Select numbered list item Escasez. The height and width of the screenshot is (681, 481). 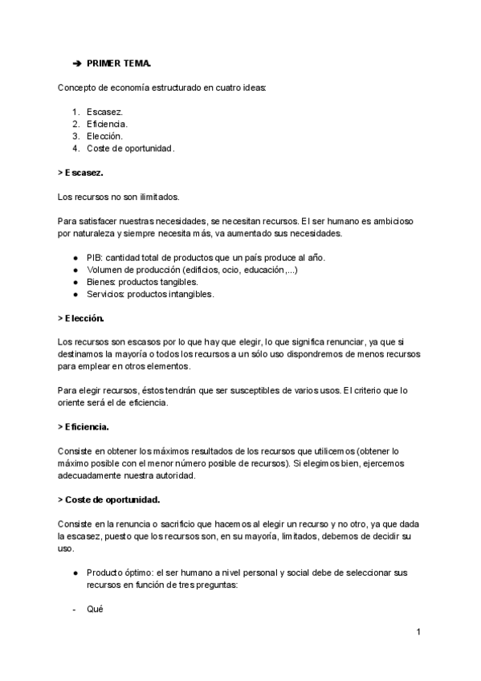[x=105, y=112]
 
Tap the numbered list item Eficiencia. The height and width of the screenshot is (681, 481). [x=108, y=124]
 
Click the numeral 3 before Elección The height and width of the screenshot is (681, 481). [x=75, y=137]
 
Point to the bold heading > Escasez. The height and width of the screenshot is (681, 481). [x=81, y=173]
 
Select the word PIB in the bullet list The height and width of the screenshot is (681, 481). [x=95, y=257]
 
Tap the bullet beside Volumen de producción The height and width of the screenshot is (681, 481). [x=75, y=270]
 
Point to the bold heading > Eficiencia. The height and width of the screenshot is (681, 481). [x=84, y=426]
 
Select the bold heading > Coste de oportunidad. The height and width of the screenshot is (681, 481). [x=109, y=499]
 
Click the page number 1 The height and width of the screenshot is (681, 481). [x=419, y=633]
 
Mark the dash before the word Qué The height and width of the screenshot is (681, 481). [x=74, y=609]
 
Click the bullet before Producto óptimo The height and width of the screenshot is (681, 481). [x=75, y=573]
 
